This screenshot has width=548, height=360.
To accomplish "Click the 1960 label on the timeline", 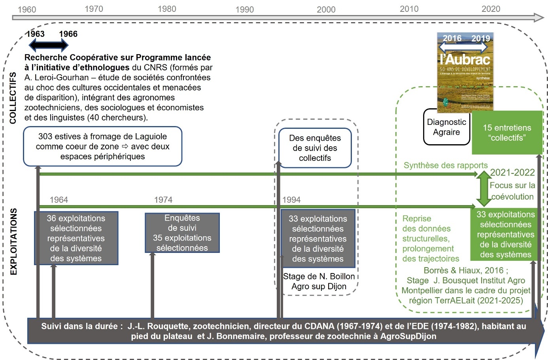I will point(27,9).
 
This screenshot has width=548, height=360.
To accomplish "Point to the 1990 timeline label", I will point(244,9).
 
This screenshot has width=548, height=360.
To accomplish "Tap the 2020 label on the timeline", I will point(491,9).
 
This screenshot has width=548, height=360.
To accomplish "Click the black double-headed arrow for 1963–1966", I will point(49,46).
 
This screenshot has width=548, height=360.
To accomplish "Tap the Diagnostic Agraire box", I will point(446,127).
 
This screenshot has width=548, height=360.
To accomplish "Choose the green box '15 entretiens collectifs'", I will point(507,133).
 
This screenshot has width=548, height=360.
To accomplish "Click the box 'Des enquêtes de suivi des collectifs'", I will point(315,148).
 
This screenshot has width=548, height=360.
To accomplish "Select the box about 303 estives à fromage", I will point(102,146).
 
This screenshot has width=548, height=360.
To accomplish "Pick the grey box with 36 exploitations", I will point(76,238).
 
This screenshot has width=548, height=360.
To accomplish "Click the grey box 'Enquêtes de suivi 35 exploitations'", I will point(182,233).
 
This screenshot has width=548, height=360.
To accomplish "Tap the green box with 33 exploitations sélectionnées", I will point(506,234).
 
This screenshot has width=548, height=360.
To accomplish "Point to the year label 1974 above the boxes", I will point(163,200).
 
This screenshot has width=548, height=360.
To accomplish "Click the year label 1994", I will point(291,200).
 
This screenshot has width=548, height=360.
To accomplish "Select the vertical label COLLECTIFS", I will point(13,98).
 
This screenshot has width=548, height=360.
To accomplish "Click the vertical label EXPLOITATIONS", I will point(14,241).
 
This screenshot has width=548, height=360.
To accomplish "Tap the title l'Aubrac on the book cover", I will point(465,60).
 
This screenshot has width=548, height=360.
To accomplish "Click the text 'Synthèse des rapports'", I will point(446,166).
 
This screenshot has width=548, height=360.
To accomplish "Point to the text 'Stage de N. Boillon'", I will point(319,276).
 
